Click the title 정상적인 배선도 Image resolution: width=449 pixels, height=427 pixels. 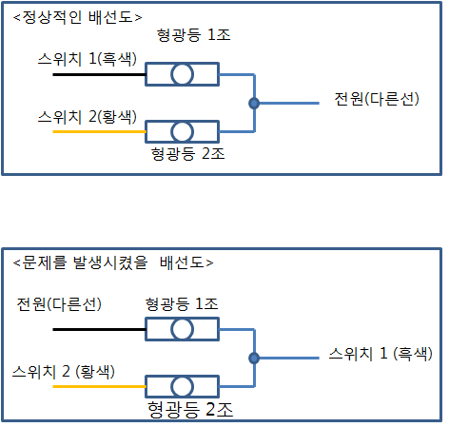pyautogui.click(x=78, y=17)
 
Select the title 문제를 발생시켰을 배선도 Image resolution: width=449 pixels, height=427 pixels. pyautogui.click(x=113, y=262)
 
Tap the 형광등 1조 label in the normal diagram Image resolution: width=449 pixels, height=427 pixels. pyautogui.click(x=193, y=35)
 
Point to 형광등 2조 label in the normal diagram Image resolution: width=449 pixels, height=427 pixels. pyautogui.click(x=188, y=154)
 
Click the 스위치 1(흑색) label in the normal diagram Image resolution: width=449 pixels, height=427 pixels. pyautogui.click(x=88, y=59)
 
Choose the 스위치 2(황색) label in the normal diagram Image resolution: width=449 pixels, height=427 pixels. pyautogui.click(x=88, y=117)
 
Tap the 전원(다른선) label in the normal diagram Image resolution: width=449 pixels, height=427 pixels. pyautogui.click(x=377, y=99)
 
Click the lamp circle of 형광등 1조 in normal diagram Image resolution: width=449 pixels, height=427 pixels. pyautogui.click(x=182, y=74)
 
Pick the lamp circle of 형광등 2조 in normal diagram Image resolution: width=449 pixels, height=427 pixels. pyautogui.click(x=182, y=131)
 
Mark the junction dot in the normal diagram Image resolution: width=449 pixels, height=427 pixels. pyautogui.click(x=254, y=103)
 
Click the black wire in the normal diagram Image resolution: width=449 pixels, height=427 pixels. pyautogui.click(x=99, y=75)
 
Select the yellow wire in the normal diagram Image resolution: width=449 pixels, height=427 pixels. pyautogui.click(x=99, y=131)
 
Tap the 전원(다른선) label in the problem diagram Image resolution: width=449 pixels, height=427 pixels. pyautogui.click(x=59, y=304)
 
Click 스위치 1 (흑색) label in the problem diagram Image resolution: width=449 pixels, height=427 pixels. pyautogui.click(x=381, y=354)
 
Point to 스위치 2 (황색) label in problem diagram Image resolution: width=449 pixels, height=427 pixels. pyautogui.click(x=64, y=372)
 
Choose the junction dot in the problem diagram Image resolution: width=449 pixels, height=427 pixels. pyautogui.click(x=254, y=359)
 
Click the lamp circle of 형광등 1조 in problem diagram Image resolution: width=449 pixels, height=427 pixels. pyautogui.click(x=182, y=329)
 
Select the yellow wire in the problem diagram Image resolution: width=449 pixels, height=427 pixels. pyautogui.click(x=99, y=386)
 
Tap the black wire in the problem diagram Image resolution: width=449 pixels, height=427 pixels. pyautogui.click(x=99, y=329)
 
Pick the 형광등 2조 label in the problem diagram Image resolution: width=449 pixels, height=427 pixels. pyautogui.click(x=190, y=410)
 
